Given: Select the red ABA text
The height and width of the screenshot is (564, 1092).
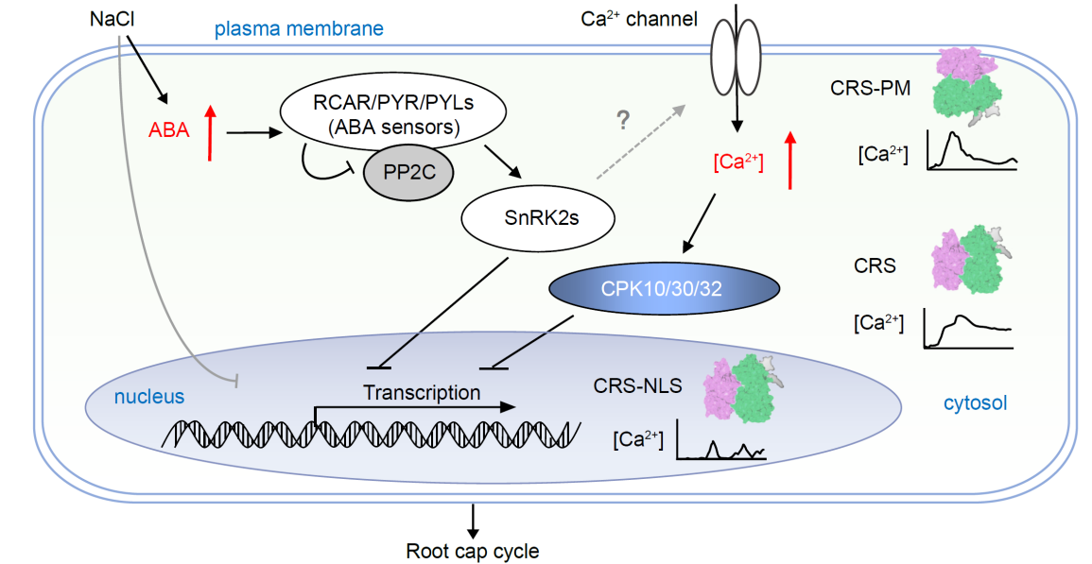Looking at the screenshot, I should (169, 130).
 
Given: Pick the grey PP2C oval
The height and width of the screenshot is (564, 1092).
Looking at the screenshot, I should (408, 175).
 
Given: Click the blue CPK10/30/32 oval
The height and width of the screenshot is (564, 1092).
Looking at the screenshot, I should (662, 287).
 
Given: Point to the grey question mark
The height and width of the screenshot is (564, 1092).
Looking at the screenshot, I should (623, 120).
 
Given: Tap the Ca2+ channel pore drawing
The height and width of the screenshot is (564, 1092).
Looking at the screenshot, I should (736, 59).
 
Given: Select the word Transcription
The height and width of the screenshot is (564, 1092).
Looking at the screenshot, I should (422, 391).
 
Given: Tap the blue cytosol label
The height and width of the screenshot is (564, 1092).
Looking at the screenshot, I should (975, 403).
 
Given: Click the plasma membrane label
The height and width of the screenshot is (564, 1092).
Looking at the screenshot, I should (299, 28).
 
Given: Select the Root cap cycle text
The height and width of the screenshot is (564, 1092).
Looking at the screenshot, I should (473, 550).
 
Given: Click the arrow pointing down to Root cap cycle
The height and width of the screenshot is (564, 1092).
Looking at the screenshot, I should (473, 518).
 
